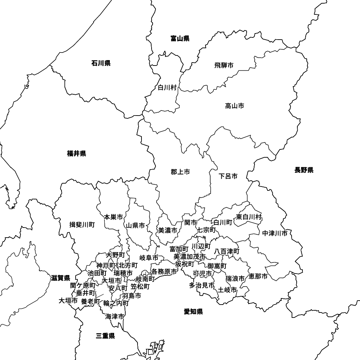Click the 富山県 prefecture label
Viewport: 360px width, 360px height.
click(180, 39)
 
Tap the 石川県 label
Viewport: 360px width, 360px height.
click(101, 64)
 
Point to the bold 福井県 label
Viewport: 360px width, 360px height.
click(76, 154)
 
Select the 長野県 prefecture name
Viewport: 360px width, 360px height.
click(304, 170)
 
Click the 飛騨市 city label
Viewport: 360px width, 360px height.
click(224, 65)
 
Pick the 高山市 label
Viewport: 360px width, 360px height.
click(234, 106)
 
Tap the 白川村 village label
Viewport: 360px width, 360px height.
click(167, 87)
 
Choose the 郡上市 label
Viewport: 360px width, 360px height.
click(180, 172)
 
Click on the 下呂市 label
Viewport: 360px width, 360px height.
click(228, 176)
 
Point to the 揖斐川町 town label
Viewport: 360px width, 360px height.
click(82, 225)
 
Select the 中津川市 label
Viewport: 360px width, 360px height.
click(275, 233)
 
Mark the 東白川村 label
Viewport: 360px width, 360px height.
click(249, 217)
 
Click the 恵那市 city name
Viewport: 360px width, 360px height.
click(258, 276)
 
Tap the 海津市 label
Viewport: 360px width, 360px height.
click(115, 317)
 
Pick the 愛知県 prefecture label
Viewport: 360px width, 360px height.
click(193, 312)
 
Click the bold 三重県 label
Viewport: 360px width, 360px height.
click(105, 336)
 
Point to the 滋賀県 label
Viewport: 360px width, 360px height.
click(60, 278)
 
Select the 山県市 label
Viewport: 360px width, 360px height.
click(135, 226)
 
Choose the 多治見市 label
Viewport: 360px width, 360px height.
click(202, 285)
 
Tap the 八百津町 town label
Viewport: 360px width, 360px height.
click(227, 251)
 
